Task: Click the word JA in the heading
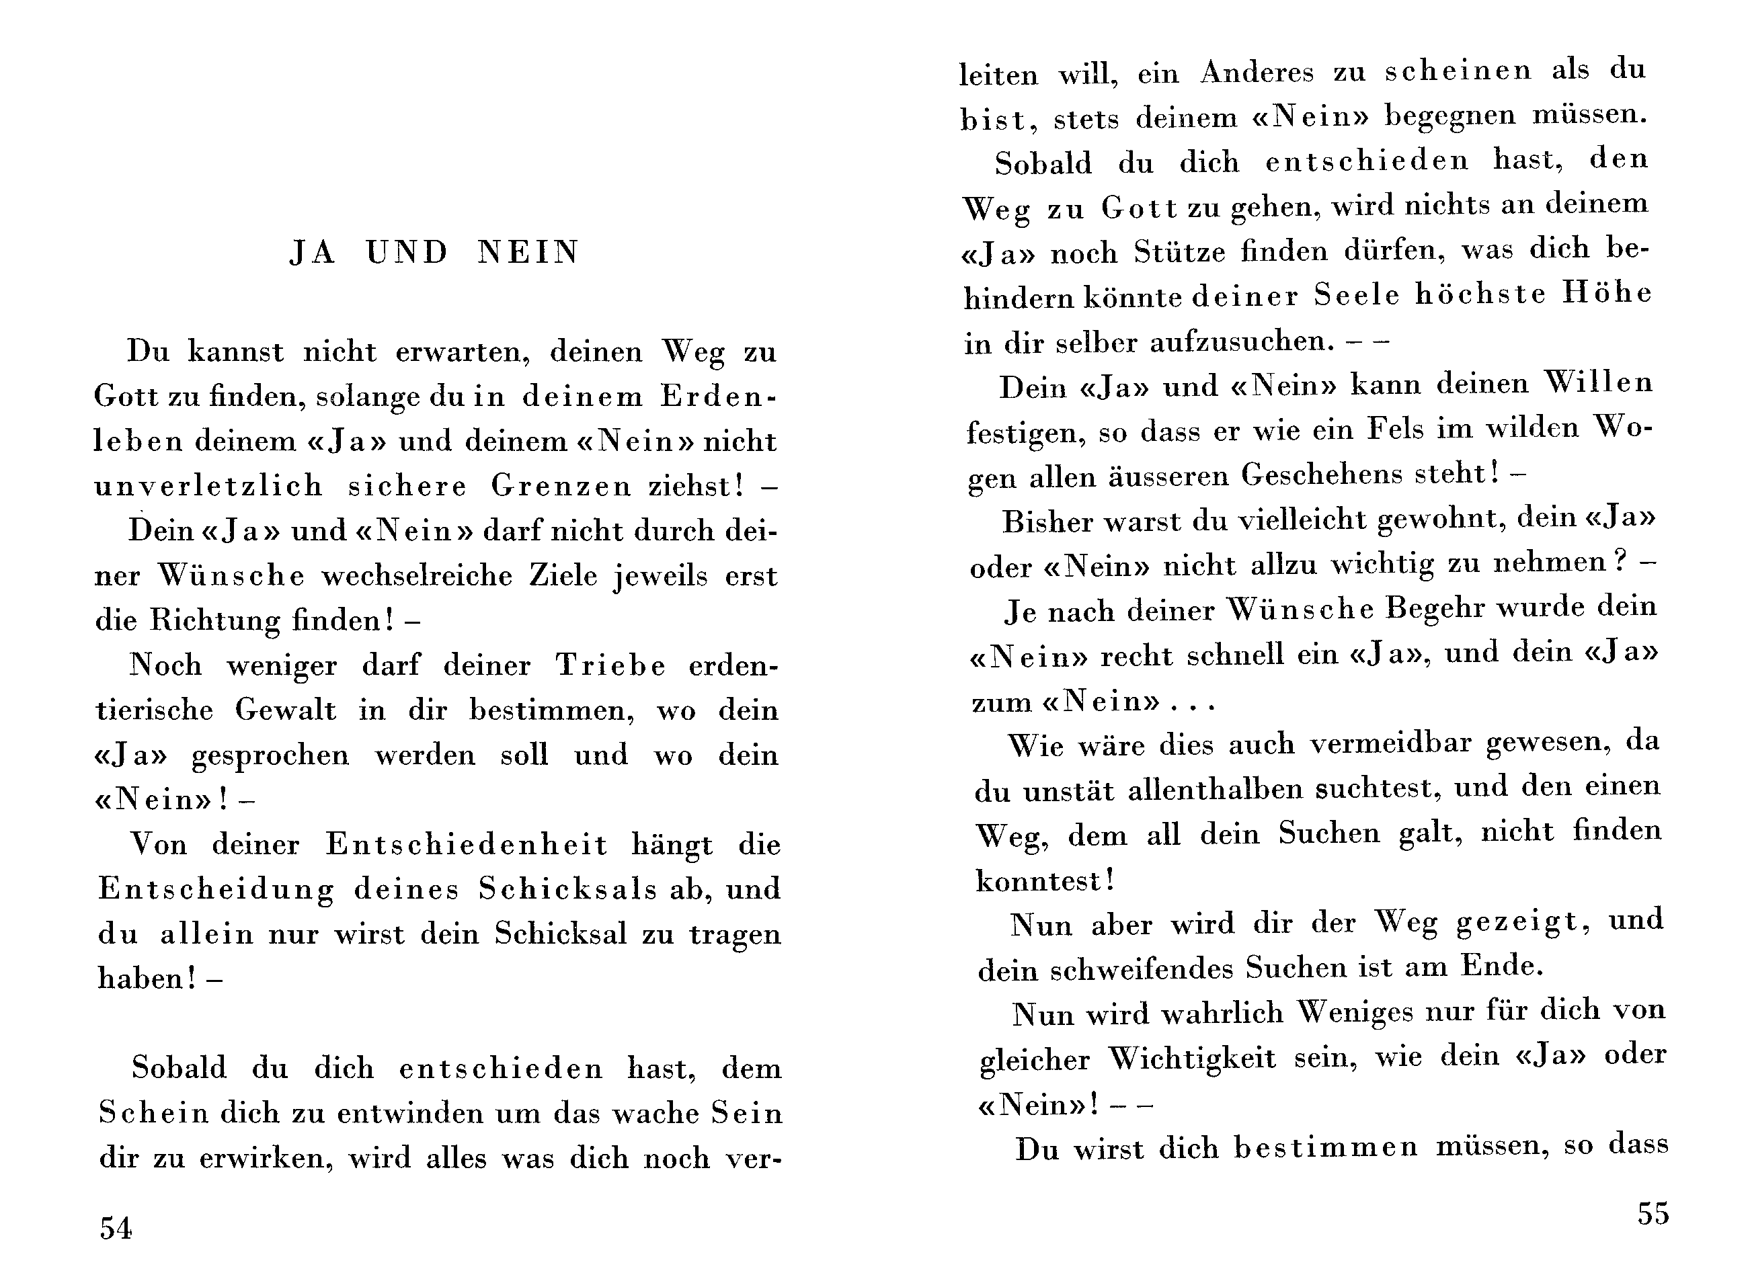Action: (x=313, y=253)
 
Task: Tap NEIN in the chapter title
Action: (x=528, y=253)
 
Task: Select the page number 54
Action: (x=116, y=1227)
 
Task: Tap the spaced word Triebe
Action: (x=610, y=665)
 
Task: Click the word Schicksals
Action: (x=567, y=889)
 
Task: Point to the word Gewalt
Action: (x=286, y=710)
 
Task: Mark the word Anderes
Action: (x=1257, y=73)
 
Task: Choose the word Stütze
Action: (x=1180, y=252)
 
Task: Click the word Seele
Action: (x=1357, y=295)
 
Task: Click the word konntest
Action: (x=1041, y=881)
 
